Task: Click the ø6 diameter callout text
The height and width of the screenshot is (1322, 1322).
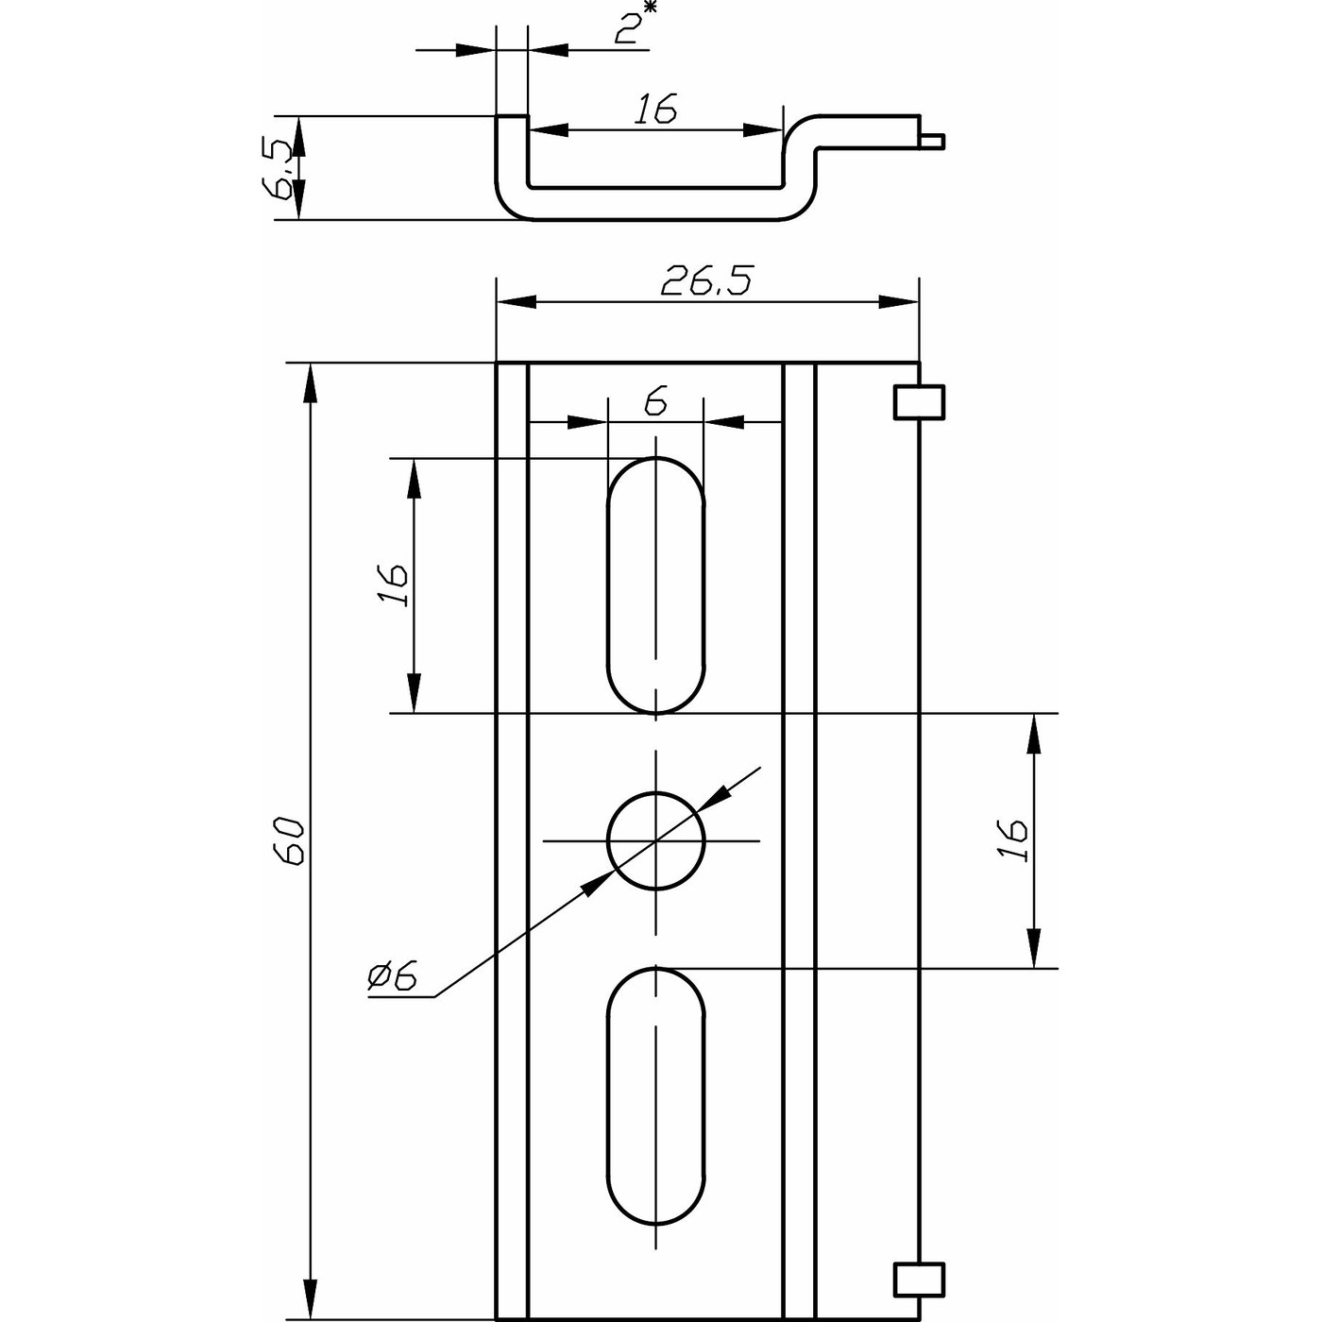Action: pos(393,975)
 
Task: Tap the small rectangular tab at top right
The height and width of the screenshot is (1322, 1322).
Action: pos(920,402)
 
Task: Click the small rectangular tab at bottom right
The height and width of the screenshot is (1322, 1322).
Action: pos(920,1280)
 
